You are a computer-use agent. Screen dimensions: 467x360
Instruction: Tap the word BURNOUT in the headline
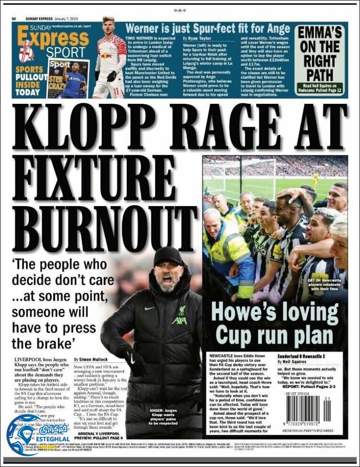click(x=103, y=216)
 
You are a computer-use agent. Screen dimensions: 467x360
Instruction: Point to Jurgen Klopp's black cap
click(x=168, y=256)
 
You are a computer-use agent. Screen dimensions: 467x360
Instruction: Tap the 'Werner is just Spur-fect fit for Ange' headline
click(x=207, y=28)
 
